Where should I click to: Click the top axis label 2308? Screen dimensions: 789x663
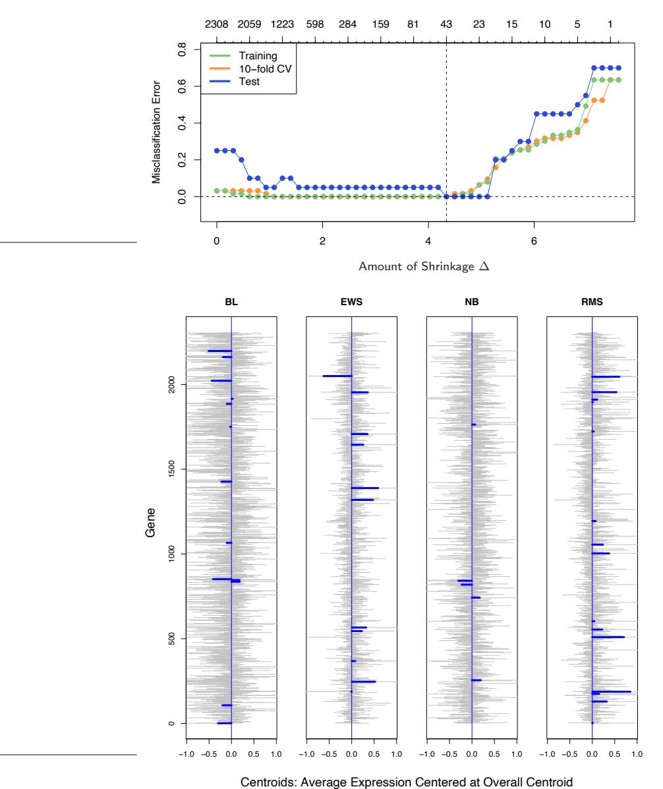click(216, 24)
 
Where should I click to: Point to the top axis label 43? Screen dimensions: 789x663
click(446, 24)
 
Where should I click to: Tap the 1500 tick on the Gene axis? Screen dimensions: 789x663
click(173, 469)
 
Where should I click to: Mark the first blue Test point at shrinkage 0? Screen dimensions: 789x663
click(217, 150)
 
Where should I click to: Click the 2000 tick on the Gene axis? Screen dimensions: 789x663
click(173, 384)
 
